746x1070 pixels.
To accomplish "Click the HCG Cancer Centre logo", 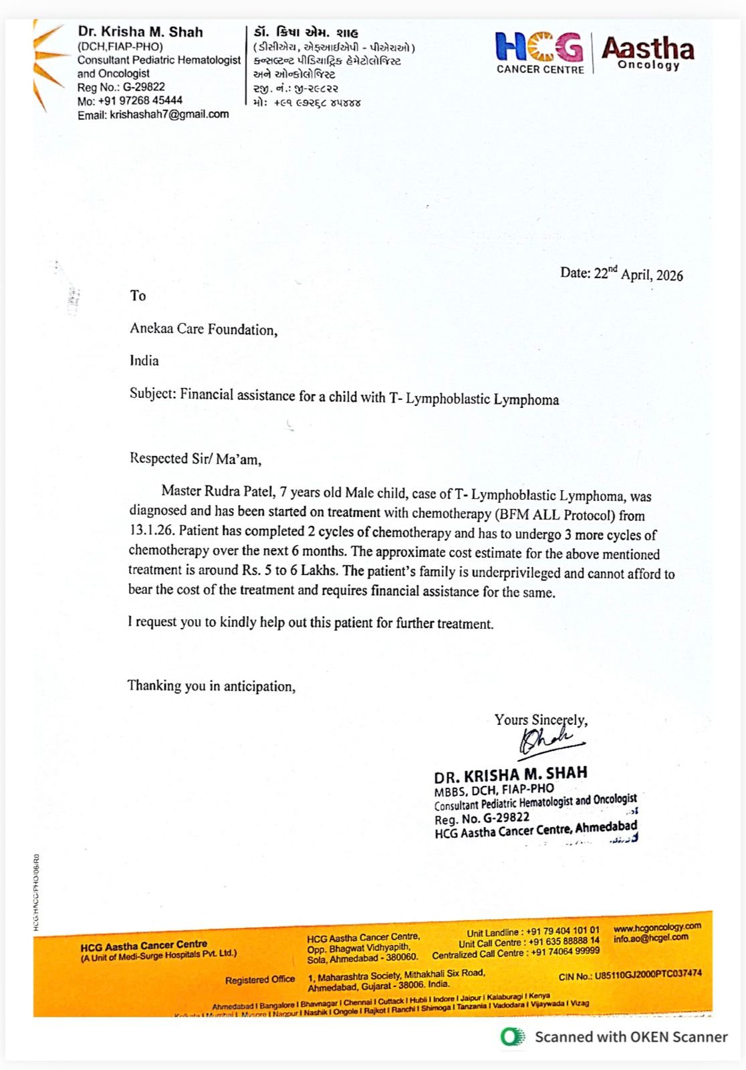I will tap(539, 52).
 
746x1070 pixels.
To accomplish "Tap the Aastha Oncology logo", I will tap(647, 52).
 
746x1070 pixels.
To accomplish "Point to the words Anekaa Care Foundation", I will tap(203, 329).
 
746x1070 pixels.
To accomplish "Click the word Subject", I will tap(152, 393).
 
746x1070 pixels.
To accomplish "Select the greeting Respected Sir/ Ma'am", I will tap(195, 459).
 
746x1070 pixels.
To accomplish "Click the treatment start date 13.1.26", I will tap(151, 531).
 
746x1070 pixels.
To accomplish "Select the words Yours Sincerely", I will tap(541, 720).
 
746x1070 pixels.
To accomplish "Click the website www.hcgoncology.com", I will tap(657, 927).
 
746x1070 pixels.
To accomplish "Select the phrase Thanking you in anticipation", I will tap(211, 686).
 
